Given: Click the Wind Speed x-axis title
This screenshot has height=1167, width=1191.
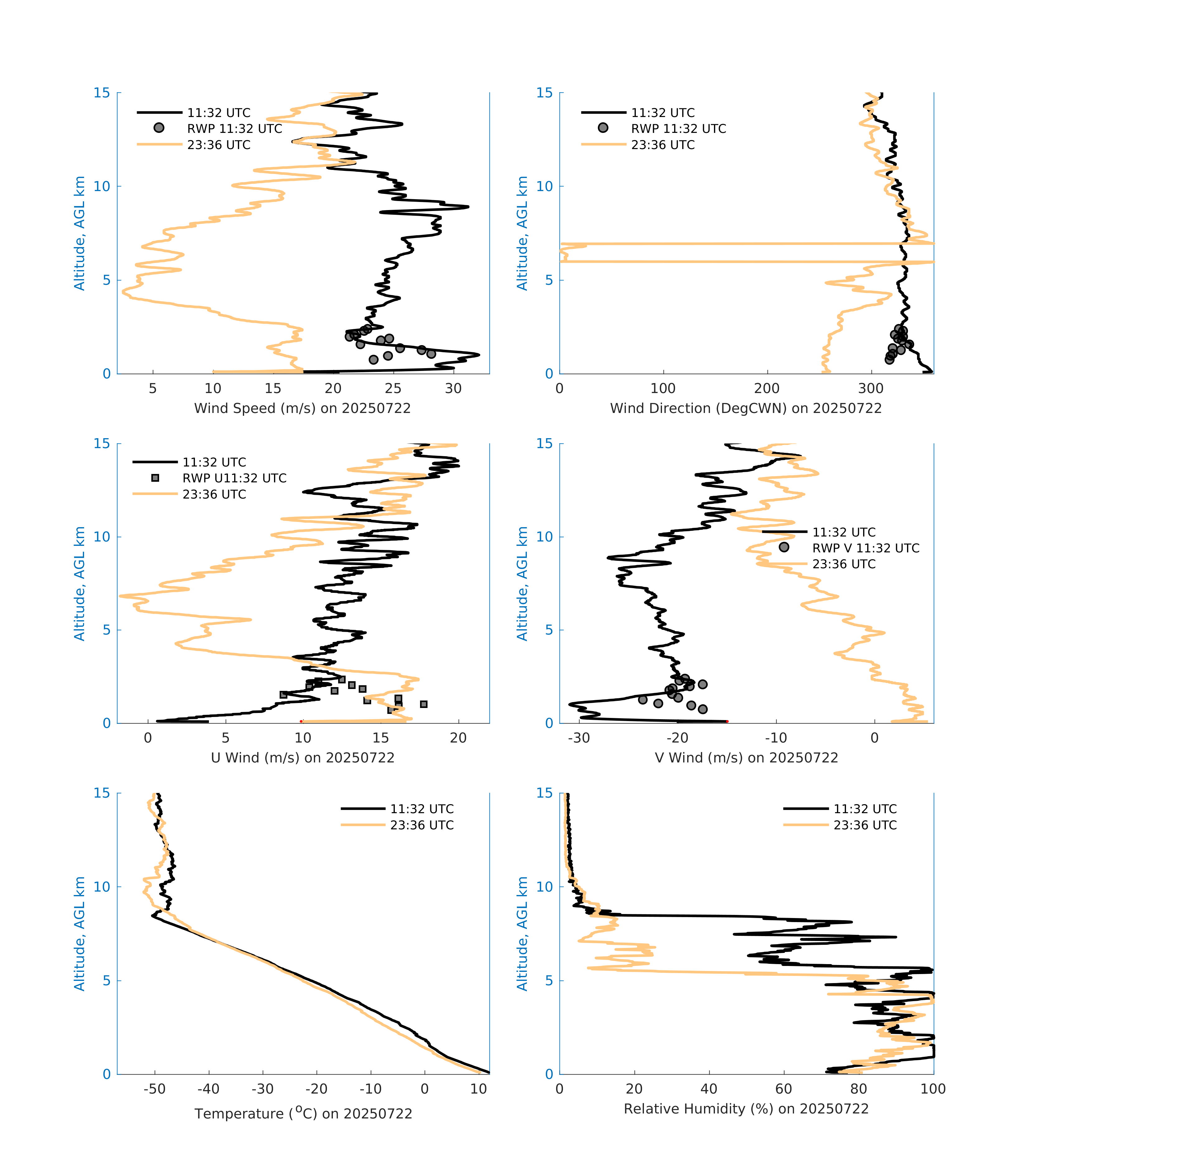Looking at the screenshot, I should tap(302, 408).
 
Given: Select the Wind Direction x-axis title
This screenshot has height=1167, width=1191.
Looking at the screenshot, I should tap(746, 408).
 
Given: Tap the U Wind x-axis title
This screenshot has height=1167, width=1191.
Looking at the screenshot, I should tap(302, 757).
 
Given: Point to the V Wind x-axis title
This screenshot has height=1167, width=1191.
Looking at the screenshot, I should tap(746, 757).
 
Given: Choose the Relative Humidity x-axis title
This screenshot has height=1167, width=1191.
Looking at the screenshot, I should tap(746, 1108).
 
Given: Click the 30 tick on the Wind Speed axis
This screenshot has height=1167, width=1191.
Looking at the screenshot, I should tap(453, 389).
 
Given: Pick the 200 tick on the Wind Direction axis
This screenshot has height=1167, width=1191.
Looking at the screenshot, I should tap(767, 389).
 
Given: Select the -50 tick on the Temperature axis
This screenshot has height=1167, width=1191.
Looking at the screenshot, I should tap(154, 1089).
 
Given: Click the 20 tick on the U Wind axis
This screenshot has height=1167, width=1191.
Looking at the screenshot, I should tap(458, 738).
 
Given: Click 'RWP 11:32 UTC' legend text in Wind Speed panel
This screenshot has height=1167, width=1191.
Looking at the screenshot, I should tap(234, 129).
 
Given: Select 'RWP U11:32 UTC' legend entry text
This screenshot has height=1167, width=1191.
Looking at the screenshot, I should tap(234, 478).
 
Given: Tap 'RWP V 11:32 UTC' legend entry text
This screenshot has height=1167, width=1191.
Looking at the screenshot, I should tap(865, 548).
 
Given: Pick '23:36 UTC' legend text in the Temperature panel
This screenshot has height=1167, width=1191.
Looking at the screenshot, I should tap(422, 825).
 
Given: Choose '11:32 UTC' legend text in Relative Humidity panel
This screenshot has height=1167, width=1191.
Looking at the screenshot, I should tap(865, 809).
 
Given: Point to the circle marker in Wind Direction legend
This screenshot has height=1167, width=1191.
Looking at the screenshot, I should tap(603, 128).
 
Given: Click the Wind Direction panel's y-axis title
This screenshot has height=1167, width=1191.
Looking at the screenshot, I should tap(522, 233).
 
